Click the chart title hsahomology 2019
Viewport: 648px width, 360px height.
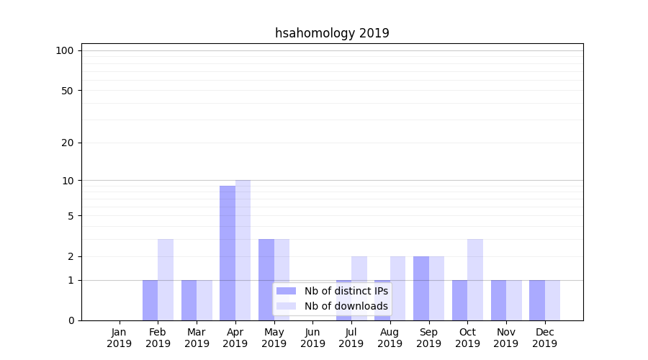click(x=332, y=33)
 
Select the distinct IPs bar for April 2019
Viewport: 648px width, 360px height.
click(x=228, y=253)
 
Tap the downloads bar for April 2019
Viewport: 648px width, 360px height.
click(x=243, y=250)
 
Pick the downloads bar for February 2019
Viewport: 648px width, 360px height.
click(x=166, y=279)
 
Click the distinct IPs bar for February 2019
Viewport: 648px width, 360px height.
click(x=150, y=300)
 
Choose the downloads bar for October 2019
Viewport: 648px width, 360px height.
click(x=474, y=279)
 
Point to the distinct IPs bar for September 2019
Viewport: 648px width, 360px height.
click(x=420, y=288)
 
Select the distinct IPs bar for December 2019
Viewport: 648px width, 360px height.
click(x=536, y=300)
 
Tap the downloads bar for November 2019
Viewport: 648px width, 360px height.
click(x=513, y=300)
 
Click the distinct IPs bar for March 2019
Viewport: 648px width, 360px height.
click(x=189, y=300)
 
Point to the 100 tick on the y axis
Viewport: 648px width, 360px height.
click(x=65, y=50)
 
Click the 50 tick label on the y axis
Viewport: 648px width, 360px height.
click(x=67, y=91)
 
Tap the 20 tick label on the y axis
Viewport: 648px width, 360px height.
click(x=67, y=143)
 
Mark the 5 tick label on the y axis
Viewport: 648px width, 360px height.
click(x=70, y=215)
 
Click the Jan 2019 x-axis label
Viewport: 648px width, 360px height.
click(x=120, y=338)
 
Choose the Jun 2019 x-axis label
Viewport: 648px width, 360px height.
click(x=312, y=338)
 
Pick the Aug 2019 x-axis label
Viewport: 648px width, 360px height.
click(x=390, y=338)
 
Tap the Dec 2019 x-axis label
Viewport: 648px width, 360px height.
click(x=544, y=338)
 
